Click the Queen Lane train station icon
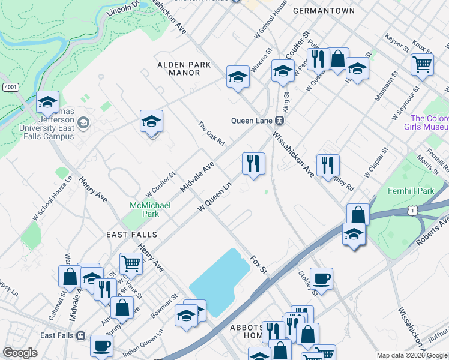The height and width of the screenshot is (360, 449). point(280,120)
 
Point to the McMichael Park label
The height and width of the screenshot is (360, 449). point(150,209)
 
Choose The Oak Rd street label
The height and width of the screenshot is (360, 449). point(211,133)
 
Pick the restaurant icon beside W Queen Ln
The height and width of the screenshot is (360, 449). point(253,164)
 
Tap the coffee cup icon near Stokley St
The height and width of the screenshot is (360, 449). point(321,279)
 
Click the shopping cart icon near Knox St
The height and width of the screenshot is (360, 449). point(422,64)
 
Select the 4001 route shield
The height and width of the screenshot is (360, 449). point(10,87)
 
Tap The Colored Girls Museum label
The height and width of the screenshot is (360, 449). point(429,123)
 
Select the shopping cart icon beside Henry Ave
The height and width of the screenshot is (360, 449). point(130,263)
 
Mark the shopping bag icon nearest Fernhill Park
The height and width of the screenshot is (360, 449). point(358,215)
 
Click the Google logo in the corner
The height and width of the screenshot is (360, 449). point(20,353)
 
